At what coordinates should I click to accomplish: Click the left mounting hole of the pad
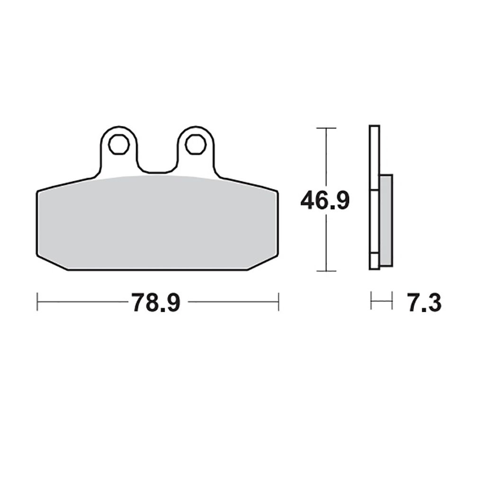point(119,144)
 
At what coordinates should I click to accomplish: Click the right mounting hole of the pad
point(196,144)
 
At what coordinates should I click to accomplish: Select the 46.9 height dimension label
point(325,200)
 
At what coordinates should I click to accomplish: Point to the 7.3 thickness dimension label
point(424,302)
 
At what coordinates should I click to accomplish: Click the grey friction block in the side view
point(386,221)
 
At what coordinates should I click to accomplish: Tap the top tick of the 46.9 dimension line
point(326,128)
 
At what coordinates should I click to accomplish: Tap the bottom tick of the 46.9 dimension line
point(326,271)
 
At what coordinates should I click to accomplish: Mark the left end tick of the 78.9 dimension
point(37,302)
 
